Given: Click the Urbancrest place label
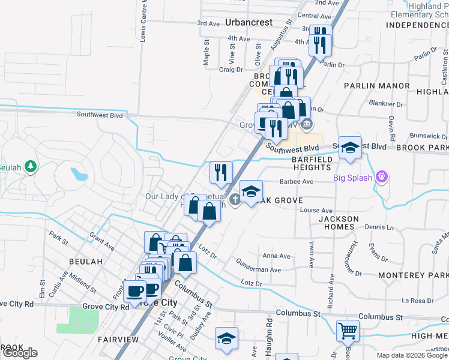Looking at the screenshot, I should [x=249, y=22].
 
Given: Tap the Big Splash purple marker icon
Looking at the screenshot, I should [x=379, y=177].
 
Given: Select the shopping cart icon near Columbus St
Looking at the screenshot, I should [x=348, y=329].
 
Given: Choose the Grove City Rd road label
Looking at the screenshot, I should [x=105, y=307].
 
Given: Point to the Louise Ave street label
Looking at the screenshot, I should [x=316, y=211].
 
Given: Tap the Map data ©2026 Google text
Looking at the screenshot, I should [x=411, y=355].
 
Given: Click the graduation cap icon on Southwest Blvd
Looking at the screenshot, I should [x=349, y=146].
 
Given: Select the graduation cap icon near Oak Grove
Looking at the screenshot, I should [x=252, y=191].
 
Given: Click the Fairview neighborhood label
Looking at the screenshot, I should [x=118, y=340].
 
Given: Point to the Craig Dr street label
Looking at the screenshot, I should [x=230, y=70].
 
